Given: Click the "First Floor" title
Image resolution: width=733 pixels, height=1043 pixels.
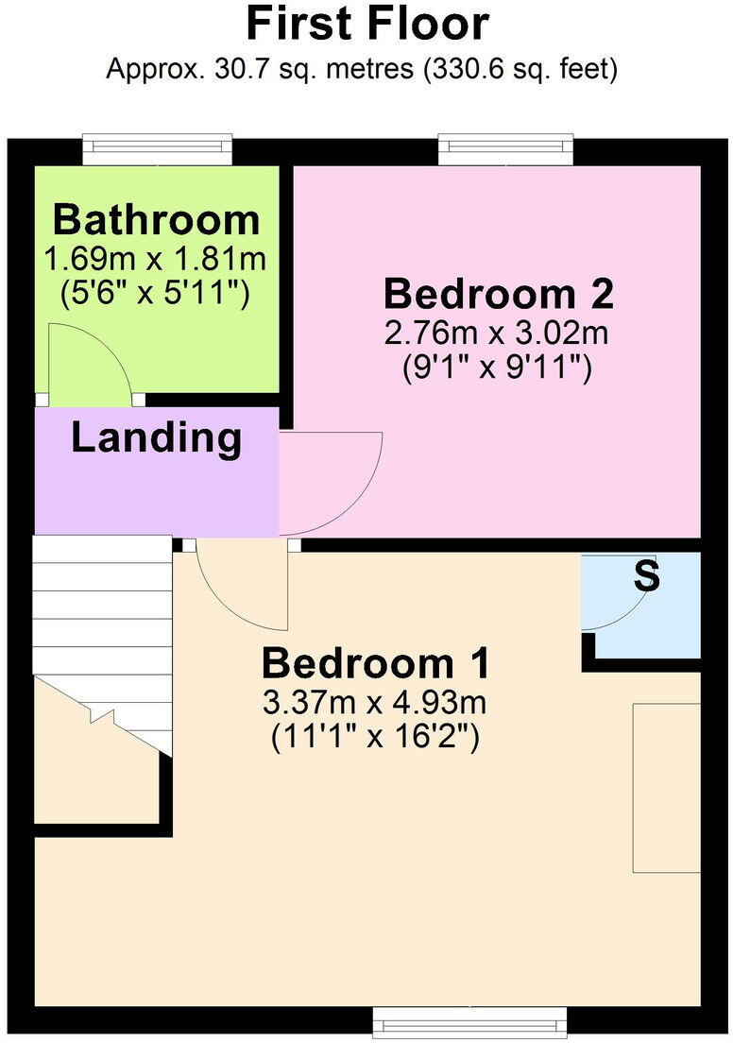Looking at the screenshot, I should click(367, 25).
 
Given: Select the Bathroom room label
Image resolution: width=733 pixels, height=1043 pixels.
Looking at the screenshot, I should click(156, 220).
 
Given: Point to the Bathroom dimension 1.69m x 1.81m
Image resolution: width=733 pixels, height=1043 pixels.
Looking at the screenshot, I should click(156, 258).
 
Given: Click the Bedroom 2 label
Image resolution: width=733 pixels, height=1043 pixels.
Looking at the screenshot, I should click(498, 295).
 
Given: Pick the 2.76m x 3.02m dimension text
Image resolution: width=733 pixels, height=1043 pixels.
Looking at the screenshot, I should click(498, 333).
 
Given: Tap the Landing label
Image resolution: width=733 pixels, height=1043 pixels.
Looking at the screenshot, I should click(156, 438).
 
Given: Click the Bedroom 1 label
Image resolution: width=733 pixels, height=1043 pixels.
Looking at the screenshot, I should click(376, 663).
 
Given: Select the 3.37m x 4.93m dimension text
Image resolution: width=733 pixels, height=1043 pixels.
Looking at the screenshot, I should click(376, 703).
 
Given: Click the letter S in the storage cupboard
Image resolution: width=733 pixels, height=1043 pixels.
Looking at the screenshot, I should click(646, 576).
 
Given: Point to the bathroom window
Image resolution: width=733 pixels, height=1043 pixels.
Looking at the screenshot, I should click(157, 148).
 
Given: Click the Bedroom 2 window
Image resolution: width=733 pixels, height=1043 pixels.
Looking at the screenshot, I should click(505, 148).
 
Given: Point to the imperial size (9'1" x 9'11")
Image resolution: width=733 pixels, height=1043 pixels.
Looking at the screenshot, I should click(498, 368).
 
